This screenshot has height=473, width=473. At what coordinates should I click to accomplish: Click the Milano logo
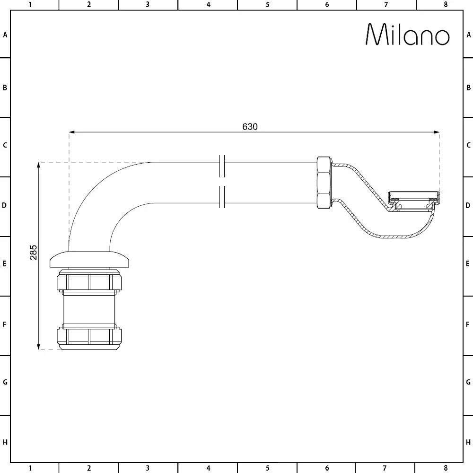point(408,35)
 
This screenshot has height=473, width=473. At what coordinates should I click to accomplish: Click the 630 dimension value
point(250,127)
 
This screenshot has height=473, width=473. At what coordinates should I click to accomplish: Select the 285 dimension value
point(33,253)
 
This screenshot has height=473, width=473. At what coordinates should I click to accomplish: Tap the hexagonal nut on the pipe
point(324,182)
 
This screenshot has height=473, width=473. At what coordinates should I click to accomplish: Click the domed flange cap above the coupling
point(89,259)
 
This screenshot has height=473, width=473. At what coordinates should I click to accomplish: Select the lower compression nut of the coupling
point(89,337)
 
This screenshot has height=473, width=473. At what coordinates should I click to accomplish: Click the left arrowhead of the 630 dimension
point(72,132)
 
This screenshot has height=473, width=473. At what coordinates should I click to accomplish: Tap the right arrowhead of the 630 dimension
point(437,132)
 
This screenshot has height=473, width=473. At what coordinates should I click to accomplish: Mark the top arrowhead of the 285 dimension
point(38,165)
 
